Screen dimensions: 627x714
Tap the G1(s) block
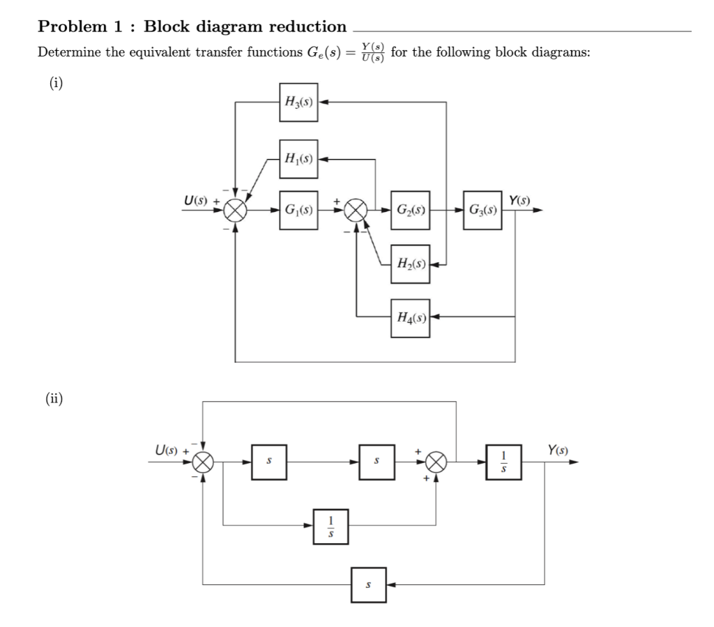coord(298,209)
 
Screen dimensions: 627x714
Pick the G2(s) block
coord(410,209)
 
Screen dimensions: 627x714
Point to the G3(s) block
coord(482,209)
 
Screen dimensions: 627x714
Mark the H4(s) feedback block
coord(410,317)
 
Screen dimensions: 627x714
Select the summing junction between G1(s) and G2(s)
coord(357,209)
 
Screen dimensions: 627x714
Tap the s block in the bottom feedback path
coord(368,582)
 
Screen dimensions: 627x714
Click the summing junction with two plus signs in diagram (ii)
coord(436,461)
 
